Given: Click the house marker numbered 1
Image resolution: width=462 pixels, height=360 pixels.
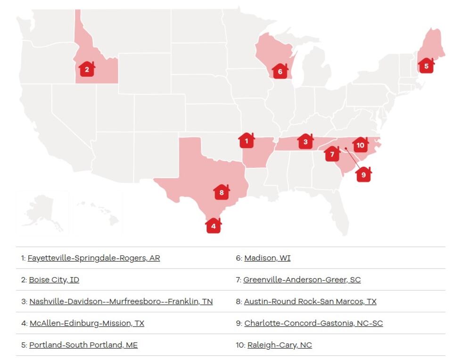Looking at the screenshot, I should (247, 140).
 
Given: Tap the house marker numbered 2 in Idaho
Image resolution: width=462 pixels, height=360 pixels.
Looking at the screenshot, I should (87, 70).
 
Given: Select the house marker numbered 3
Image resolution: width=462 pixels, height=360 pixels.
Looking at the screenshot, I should (305, 141).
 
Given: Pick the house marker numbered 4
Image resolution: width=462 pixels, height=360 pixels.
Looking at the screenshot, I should (214, 226).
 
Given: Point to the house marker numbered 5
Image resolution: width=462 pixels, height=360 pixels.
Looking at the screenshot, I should (426, 65).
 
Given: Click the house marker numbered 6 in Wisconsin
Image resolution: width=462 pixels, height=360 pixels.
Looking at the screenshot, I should (280, 71).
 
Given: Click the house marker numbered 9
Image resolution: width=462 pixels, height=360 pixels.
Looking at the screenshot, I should (363, 174).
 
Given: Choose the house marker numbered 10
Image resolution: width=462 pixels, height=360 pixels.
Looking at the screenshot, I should (361, 145).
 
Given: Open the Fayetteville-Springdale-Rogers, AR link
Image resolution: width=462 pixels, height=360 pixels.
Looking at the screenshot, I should (94, 258).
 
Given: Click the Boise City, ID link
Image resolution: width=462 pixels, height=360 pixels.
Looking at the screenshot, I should (54, 280).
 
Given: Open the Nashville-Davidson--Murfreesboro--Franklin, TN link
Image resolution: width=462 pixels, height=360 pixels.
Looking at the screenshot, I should (121, 302).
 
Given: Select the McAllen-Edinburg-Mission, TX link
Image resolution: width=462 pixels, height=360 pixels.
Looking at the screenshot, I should (87, 323).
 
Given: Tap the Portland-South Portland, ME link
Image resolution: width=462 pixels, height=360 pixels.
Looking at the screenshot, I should (83, 345).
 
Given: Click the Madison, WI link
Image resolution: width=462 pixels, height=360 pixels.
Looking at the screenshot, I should (267, 258).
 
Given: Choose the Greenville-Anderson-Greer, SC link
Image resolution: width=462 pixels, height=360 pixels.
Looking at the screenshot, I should (302, 280).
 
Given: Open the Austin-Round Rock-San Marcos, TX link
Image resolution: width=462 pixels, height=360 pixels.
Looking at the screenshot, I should (310, 302).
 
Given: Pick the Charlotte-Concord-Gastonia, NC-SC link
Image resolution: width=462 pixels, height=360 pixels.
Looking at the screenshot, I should (313, 323).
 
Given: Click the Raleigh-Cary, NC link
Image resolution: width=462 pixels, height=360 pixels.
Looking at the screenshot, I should (280, 345).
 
